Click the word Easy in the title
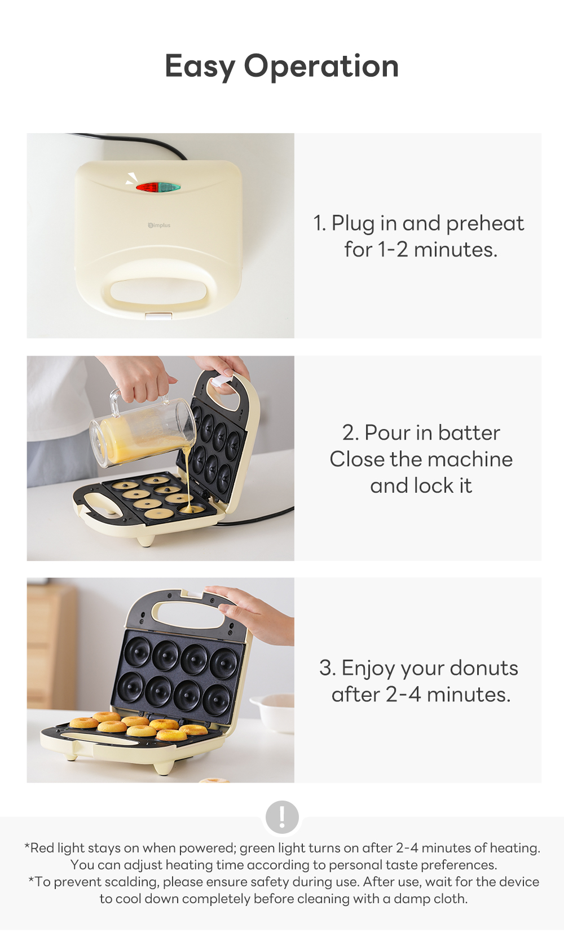pyautogui.click(x=200, y=67)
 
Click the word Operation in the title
pyautogui.click(x=321, y=67)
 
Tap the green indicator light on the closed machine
pyautogui.click(x=170, y=187)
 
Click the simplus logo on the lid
pyautogui.click(x=159, y=226)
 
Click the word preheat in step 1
pyautogui.click(x=484, y=224)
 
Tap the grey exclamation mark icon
pyautogui.click(x=282, y=816)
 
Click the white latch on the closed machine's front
pyautogui.click(x=158, y=316)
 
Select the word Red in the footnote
pyautogui.click(x=42, y=848)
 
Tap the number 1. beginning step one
pyautogui.click(x=320, y=224)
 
